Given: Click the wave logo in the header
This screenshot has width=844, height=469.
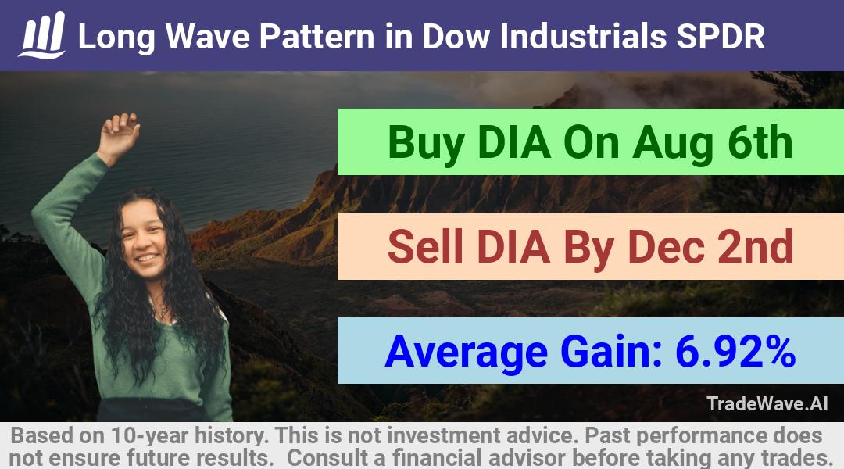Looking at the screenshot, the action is pos(42,35).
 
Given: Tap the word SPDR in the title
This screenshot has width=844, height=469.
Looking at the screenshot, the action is pos(721,37).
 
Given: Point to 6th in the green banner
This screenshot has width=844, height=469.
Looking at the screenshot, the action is pos(760,142).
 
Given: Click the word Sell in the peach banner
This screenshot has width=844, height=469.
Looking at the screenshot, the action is pos(425,246).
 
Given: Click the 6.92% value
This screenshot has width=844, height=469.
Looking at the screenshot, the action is pos(735,351).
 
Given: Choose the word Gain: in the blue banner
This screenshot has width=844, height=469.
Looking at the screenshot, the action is pos(611,351).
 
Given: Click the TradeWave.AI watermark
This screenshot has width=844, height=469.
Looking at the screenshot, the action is pos(767,403).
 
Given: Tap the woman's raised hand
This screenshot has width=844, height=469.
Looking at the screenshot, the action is pos(120,134).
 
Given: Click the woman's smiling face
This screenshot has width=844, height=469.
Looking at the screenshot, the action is pos(143,240).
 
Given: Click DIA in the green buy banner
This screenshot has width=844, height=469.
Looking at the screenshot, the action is pos(514,143).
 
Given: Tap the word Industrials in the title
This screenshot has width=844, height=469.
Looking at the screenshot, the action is pos(584,37).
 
